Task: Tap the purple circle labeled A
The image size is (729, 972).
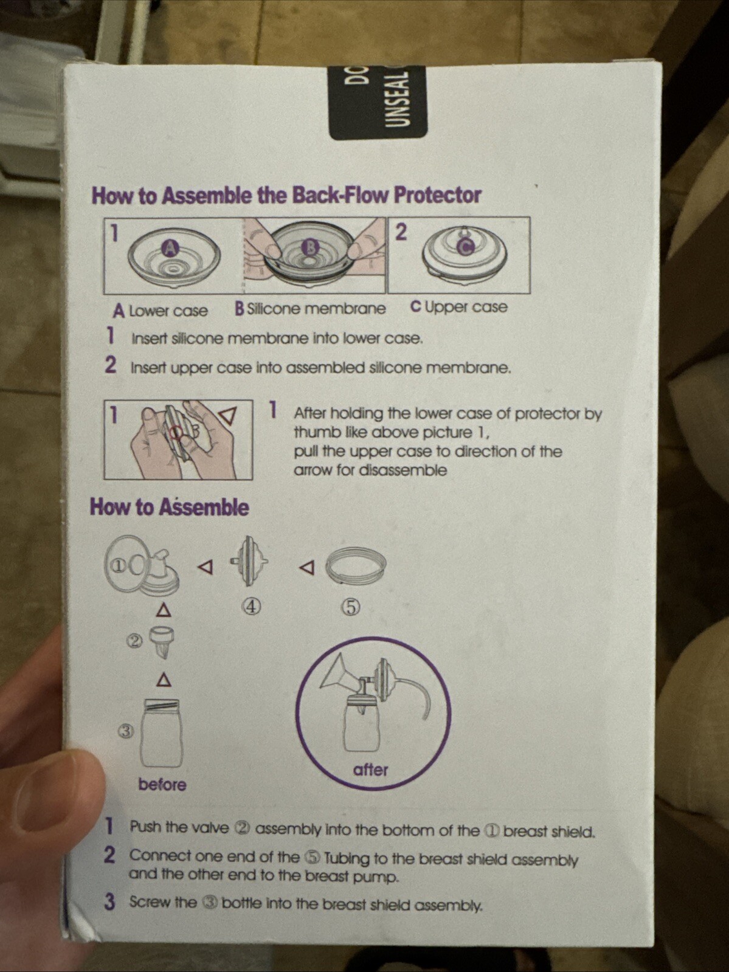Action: [x=171, y=247]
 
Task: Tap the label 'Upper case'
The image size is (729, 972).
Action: [x=466, y=307]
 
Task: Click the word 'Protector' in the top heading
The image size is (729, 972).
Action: [x=437, y=195]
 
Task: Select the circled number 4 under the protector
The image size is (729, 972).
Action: [x=252, y=606]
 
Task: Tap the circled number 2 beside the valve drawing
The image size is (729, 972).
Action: [x=135, y=641]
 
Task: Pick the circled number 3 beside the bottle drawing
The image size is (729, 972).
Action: [x=125, y=731]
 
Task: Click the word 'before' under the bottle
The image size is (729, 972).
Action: [x=162, y=785]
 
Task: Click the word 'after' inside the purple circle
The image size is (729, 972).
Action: [x=370, y=770]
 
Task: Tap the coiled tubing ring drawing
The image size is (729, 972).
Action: [x=356, y=566]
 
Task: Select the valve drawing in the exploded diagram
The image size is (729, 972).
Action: [x=162, y=641]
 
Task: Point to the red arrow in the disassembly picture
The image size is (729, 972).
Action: [x=227, y=416]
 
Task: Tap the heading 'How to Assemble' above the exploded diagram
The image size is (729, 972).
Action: [x=169, y=508]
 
